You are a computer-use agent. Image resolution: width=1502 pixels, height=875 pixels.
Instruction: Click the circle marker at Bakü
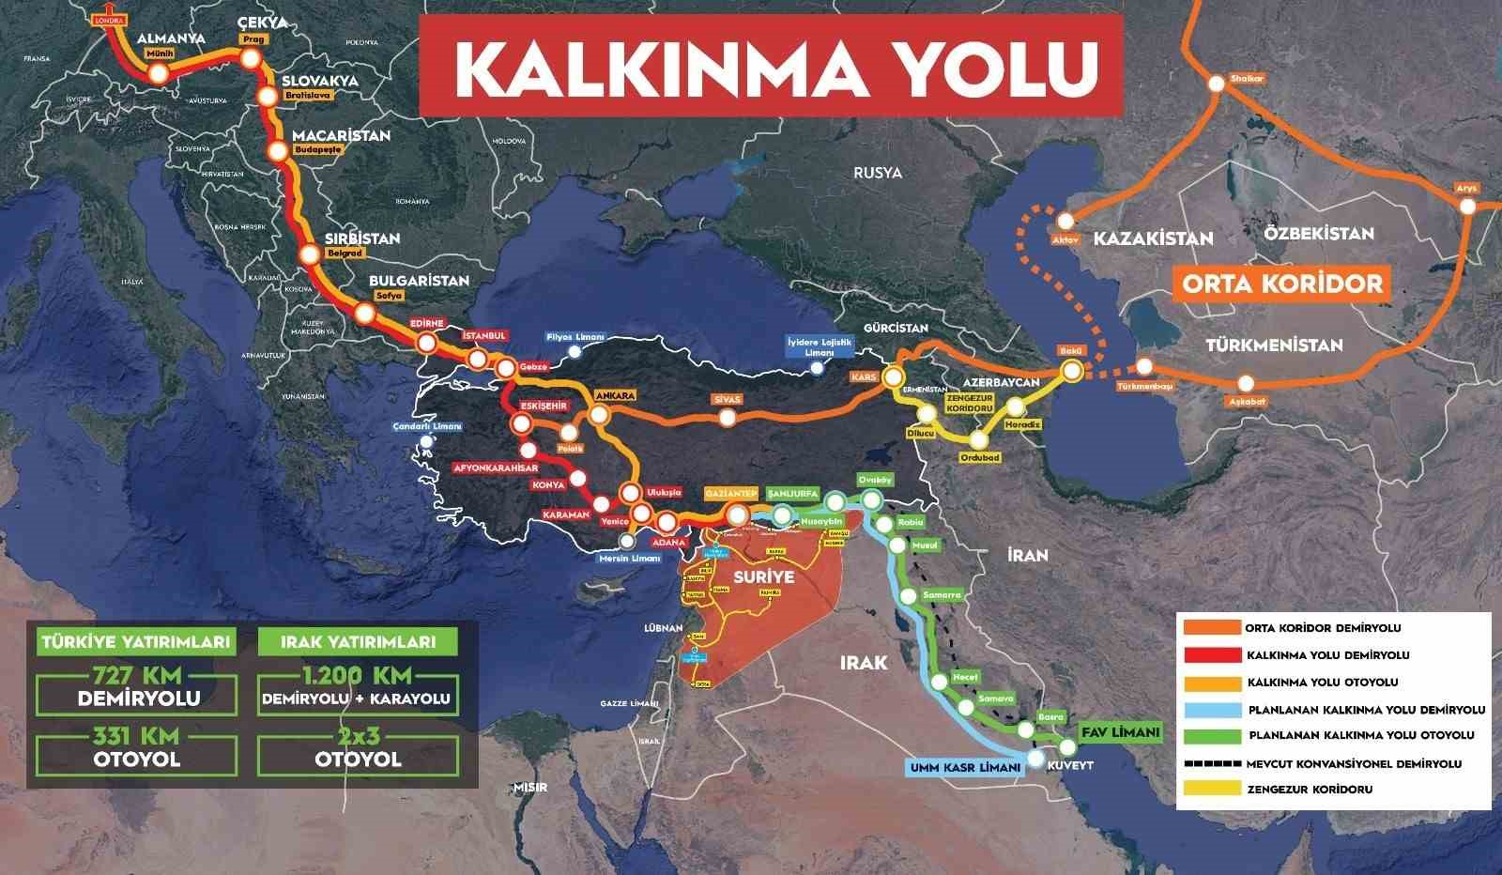point(1071,371)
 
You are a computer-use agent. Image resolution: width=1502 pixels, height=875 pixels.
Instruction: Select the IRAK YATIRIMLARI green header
point(357,643)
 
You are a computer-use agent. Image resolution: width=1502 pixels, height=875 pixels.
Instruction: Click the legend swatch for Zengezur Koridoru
point(1211,790)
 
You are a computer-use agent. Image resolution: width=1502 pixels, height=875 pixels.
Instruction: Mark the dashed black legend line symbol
point(1211,763)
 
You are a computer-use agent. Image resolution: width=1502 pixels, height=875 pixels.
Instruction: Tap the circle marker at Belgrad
point(310,254)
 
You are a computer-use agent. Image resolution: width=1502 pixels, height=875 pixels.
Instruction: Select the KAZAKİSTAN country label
point(1152,238)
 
